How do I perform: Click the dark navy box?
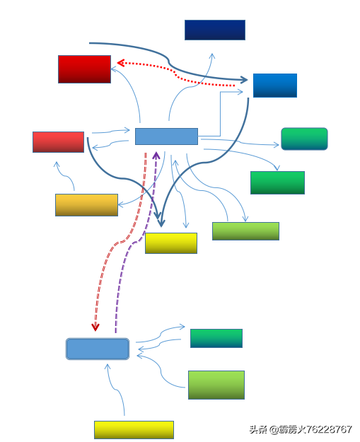[x=215, y=30]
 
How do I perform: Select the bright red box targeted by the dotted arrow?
[x=84, y=69]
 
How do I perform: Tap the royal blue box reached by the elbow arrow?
[x=275, y=86]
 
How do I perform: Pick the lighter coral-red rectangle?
[x=59, y=142]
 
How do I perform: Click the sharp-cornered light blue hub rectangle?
[x=166, y=136]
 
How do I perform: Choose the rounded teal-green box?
[x=304, y=139]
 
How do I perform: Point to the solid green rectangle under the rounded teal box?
[x=277, y=182]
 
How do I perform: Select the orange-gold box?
[x=86, y=205]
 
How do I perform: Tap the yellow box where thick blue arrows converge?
[x=171, y=243]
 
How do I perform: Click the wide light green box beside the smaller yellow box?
[x=245, y=231]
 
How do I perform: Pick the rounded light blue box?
[x=98, y=349]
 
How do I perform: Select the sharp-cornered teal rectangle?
[x=216, y=338]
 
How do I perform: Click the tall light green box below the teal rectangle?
[x=216, y=385]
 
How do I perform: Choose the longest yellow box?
[x=134, y=430]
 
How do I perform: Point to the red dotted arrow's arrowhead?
[x=121, y=62]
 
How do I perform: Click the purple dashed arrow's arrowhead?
[x=156, y=155]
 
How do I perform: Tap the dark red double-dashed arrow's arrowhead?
[x=95, y=327]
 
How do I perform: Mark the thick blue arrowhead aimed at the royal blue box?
[x=244, y=80]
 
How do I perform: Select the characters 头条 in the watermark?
[x=258, y=429]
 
